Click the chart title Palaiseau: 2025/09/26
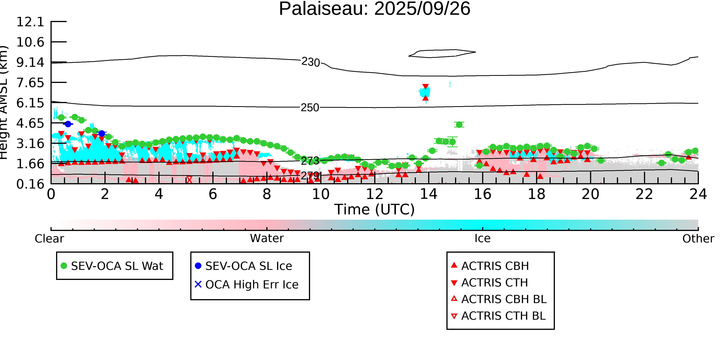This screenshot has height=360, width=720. point(375,9)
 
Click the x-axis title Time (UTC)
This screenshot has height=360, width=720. point(375,209)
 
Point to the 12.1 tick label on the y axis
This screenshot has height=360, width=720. point(30,22)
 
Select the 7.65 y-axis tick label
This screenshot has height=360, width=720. point(30,83)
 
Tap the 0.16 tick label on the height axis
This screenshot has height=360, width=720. point(30,184)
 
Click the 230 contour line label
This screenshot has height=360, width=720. point(310,62)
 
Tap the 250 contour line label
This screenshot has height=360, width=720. point(310,108)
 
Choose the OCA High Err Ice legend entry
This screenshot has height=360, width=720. point(252,285)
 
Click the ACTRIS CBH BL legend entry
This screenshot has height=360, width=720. point(504,299)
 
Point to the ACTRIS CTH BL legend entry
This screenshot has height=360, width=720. point(503,316)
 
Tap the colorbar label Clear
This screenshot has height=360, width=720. point(49,239)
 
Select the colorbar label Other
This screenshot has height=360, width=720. point(698,239)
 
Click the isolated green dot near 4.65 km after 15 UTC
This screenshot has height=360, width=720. point(459,125)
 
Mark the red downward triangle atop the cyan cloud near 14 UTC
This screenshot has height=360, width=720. point(425,87)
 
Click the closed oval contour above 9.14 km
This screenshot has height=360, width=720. point(442,53)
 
